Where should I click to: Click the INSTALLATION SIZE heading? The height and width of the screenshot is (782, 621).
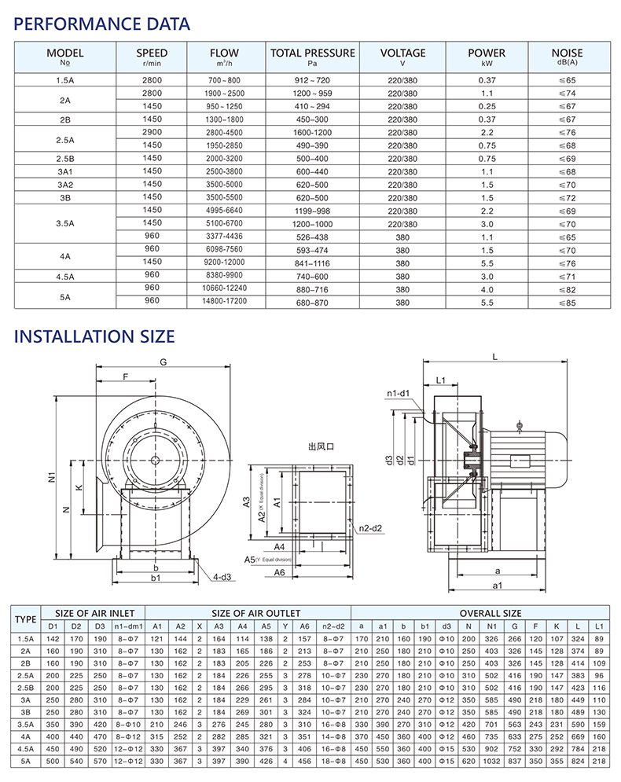(94, 336)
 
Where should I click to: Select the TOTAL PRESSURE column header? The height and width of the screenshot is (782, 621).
(312, 57)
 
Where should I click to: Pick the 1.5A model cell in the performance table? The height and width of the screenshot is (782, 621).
(65, 80)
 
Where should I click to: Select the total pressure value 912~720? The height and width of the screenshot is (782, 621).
(312, 80)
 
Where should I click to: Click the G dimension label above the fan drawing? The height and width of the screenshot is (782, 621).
(164, 362)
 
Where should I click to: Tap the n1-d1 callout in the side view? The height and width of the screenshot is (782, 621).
(399, 393)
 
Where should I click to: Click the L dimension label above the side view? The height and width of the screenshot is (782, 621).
(495, 356)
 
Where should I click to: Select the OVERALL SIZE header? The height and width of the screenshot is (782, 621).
(480, 613)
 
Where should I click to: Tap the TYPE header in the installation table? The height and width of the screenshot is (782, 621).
(27, 619)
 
